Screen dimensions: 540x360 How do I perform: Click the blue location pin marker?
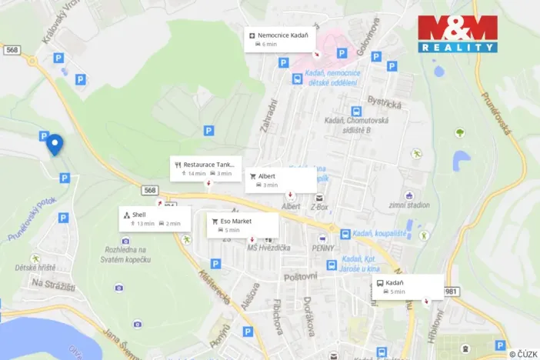pyautogui.click(x=54, y=144)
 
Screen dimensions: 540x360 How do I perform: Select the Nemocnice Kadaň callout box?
pyautogui.click(x=281, y=39)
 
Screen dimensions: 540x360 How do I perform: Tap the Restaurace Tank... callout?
pyautogui.click(x=206, y=168)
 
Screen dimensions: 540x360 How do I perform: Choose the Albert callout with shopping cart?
pyautogui.click(x=281, y=180)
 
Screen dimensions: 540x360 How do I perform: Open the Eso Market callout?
pyautogui.click(x=242, y=225)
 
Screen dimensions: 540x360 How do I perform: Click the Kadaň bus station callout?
pyautogui.click(x=408, y=287)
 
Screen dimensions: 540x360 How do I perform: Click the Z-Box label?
pyautogui.click(x=319, y=207)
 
